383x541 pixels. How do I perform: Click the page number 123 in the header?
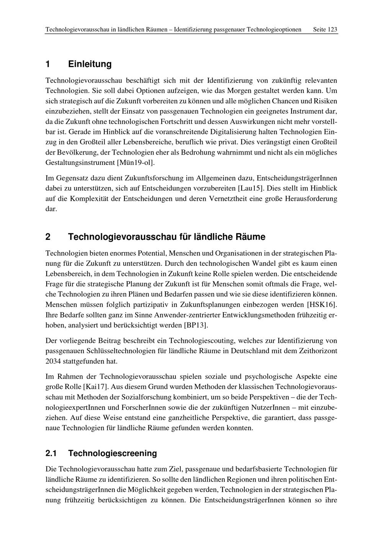coord(332,29)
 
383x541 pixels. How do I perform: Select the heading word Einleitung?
coord(90,64)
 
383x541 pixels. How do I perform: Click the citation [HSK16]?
coord(322,305)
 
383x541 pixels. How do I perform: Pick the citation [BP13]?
coord(196,325)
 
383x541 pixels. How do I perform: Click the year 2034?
coord(53,361)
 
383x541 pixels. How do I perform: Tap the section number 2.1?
coord(51,453)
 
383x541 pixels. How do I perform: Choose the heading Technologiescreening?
coord(112,453)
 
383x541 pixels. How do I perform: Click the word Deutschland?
coord(250,351)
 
